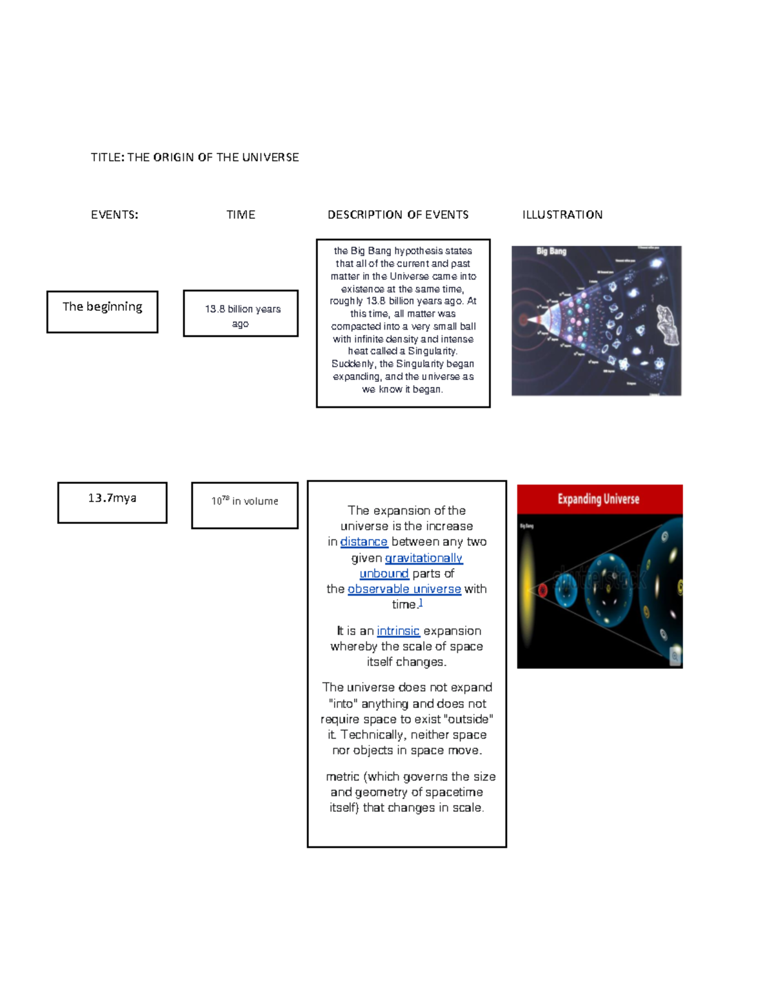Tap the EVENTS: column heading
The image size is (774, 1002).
point(114,215)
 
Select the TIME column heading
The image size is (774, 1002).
point(241,215)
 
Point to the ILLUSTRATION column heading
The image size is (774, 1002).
point(562,215)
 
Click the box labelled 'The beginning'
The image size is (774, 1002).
point(102,312)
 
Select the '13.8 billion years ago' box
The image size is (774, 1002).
point(241,314)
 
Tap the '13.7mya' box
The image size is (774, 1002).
point(112,502)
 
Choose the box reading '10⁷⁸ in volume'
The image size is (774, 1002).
point(244,505)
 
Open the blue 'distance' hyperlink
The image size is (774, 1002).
point(364,542)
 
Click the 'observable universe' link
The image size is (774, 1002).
point(404,589)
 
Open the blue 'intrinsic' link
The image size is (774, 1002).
point(398,631)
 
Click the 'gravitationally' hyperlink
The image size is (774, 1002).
point(424,558)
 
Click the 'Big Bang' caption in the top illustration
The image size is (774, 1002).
point(551,251)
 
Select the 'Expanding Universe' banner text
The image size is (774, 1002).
point(599,499)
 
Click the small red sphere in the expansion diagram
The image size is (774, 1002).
point(542,590)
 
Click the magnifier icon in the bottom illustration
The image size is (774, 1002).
point(675,656)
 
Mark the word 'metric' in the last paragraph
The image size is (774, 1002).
point(342,777)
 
